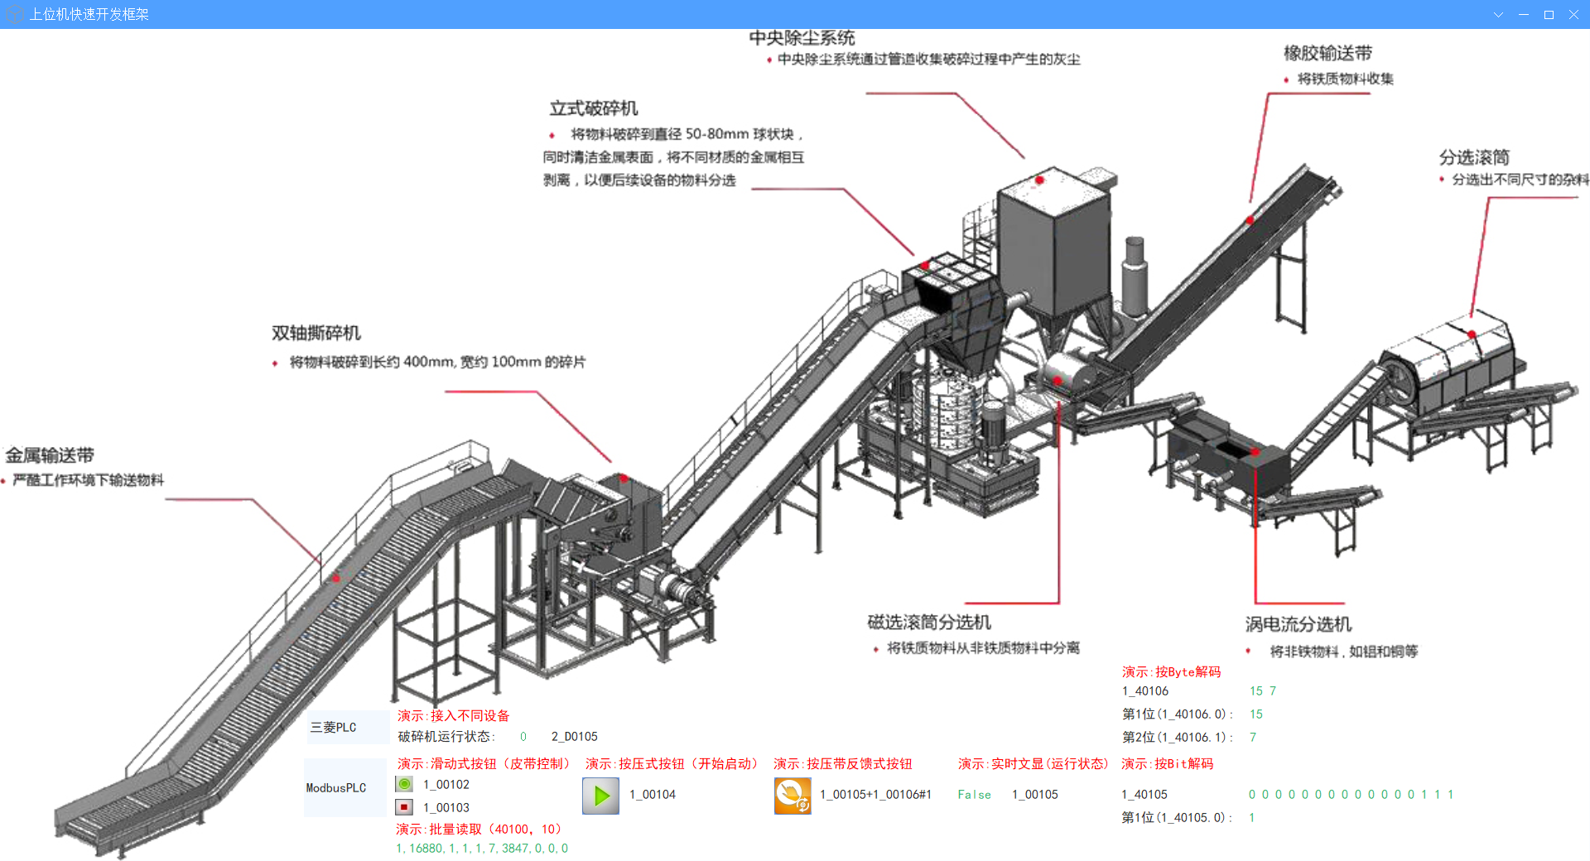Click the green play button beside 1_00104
601,796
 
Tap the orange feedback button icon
793,796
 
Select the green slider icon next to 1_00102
404,784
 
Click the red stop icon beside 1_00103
404,806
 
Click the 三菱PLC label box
346,727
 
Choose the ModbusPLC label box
344,788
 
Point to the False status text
974,795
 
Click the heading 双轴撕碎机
316,333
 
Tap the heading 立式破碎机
594,108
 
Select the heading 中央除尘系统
802,38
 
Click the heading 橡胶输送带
1327,53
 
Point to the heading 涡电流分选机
1298,624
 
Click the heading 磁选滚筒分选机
929,622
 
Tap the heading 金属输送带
50,455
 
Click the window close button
1573,14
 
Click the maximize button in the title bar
1549,14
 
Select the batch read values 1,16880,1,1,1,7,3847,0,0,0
482,849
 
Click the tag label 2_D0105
574,737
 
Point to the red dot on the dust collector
1039,180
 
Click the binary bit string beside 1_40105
1351,795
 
